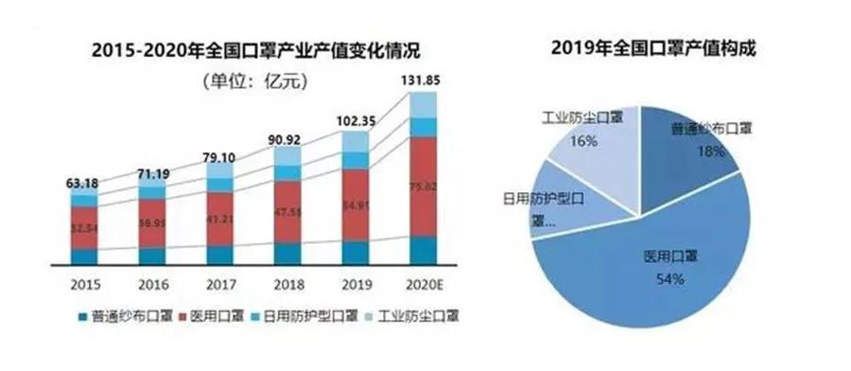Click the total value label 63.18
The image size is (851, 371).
pyautogui.click(x=83, y=183)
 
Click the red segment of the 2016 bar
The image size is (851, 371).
pyautogui.click(x=151, y=223)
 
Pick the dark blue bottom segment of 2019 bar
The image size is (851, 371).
pyautogui.click(x=355, y=253)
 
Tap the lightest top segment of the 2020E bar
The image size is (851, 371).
pyautogui.click(x=424, y=104)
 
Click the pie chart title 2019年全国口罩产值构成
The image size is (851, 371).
pyautogui.click(x=652, y=44)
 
